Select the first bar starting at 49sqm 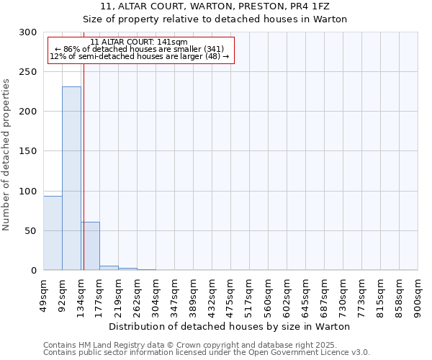(x=53, y=233)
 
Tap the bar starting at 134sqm (x=90, y=246)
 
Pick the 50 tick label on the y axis (x=31, y=231)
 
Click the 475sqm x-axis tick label (x=230, y=296)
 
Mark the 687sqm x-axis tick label (x=324, y=296)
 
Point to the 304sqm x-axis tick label (x=156, y=296)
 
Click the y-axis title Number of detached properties (x=6, y=155)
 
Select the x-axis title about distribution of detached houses (x=230, y=326)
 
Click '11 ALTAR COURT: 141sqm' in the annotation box (x=139, y=42)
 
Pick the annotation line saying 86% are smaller (x=139, y=49)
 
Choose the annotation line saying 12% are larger (x=139, y=56)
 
